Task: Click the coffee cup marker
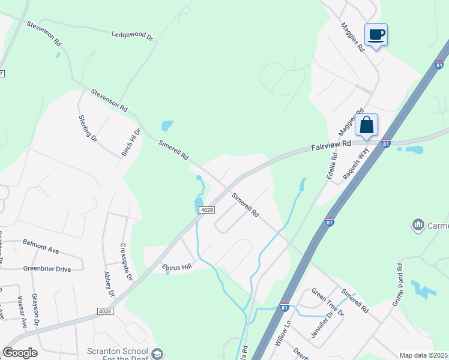[376, 35]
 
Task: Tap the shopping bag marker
[366, 125]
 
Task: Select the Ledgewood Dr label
[133, 35]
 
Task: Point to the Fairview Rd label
[331, 146]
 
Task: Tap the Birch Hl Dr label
[131, 142]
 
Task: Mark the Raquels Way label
[355, 164]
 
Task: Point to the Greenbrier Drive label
[47, 269]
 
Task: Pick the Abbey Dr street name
[109, 284]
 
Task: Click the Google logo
[20, 353]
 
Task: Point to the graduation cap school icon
[157, 353]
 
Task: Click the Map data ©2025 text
[423, 355]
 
